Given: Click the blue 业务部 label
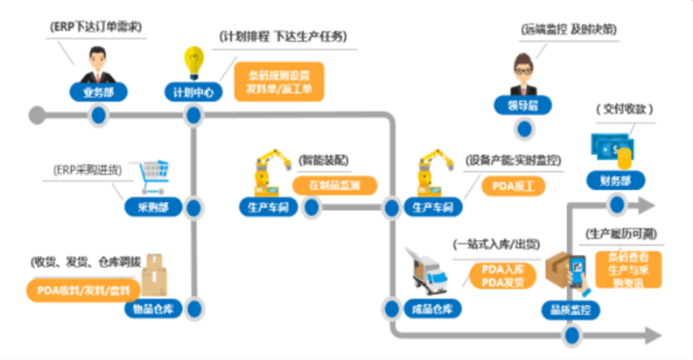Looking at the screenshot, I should (x=99, y=91).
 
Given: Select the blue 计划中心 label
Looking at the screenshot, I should (x=192, y=91).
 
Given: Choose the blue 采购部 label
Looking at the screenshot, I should (x=149, y=208).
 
